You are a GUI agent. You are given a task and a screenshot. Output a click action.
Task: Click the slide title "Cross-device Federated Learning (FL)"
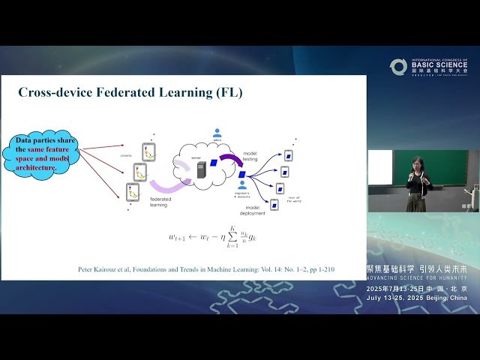coord(130,94)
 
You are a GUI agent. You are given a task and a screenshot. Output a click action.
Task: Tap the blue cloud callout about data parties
coord(46,154)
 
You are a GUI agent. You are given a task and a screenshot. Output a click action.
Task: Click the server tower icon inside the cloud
coord(201,169)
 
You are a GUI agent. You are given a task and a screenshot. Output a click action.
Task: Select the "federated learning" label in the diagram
coord(159,201)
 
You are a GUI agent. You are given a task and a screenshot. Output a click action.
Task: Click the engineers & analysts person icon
coord(242,184)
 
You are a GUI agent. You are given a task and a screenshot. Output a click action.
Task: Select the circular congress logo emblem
coord(398,67)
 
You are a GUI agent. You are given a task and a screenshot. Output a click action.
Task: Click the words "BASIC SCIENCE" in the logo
coord(439,65)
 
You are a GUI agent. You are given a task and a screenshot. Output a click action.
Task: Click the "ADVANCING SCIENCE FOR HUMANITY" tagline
coord(416,277)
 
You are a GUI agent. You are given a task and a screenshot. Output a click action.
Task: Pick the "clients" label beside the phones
coord(124,157)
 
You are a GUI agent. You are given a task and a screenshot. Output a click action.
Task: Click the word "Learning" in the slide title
coord(191,94)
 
